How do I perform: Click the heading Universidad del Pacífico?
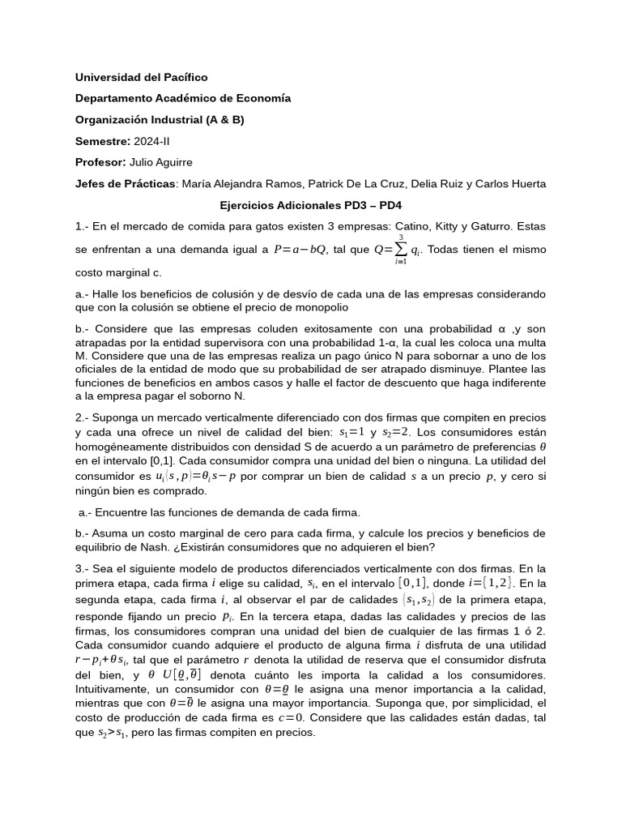141,77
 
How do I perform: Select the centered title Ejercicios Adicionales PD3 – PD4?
311,206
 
